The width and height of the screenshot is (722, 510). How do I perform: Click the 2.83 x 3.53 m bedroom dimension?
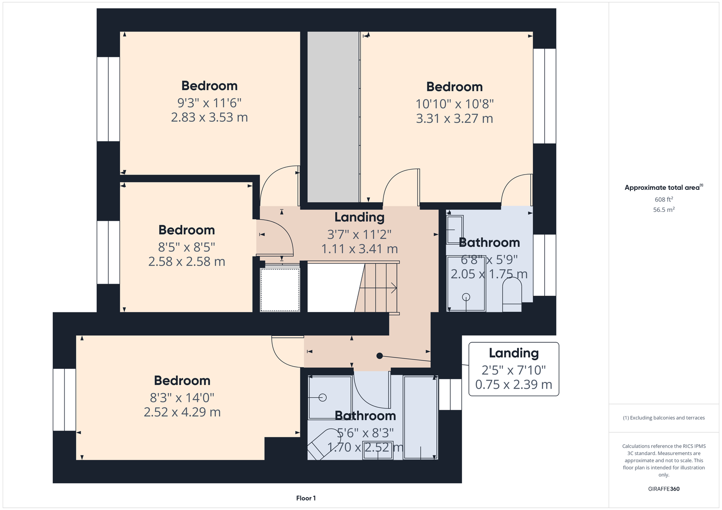pos(209,117)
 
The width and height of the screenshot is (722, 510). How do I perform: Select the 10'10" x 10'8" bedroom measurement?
pos(454,104)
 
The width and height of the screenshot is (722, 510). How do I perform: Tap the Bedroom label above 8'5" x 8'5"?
pos(187,230)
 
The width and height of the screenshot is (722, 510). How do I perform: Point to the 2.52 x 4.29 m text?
pos(182,412)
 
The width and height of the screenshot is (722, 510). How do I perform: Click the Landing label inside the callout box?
pos(514,353)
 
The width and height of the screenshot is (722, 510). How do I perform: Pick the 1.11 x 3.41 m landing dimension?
pos(359,249)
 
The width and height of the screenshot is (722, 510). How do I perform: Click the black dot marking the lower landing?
pos(380,356)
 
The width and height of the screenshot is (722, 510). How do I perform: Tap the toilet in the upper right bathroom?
pos(512,294)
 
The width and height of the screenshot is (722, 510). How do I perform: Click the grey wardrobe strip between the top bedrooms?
pos(333,117)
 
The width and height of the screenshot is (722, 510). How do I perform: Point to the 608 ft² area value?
pos(664,199)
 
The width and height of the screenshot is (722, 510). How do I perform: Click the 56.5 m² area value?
pos(664,210)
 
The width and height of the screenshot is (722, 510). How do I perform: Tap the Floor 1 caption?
pos(306,498)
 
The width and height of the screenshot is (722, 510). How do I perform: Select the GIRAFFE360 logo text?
pos(664,489)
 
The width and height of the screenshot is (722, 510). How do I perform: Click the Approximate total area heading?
pos(664,188)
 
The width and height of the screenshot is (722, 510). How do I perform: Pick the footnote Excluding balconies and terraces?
pos(664,418)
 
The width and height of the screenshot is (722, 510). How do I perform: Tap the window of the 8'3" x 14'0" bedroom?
pos(65,400)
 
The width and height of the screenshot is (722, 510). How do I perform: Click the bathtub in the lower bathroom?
pos(421,417)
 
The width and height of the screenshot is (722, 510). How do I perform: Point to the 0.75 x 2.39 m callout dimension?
pos(514,384)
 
